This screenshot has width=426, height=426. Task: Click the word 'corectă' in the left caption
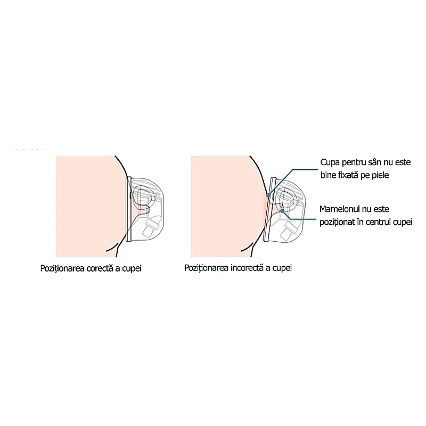100,268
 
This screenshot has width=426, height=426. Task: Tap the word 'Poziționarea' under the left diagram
62,269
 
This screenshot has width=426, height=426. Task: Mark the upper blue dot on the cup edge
268,195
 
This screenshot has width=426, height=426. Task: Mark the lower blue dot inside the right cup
282,210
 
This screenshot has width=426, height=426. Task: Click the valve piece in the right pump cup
289,230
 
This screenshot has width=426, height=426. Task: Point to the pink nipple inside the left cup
141,211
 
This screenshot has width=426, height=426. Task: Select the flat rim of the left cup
128,209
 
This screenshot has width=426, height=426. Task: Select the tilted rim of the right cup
269,209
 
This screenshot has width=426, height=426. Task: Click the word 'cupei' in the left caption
132,269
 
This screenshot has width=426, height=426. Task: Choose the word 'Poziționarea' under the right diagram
206,268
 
